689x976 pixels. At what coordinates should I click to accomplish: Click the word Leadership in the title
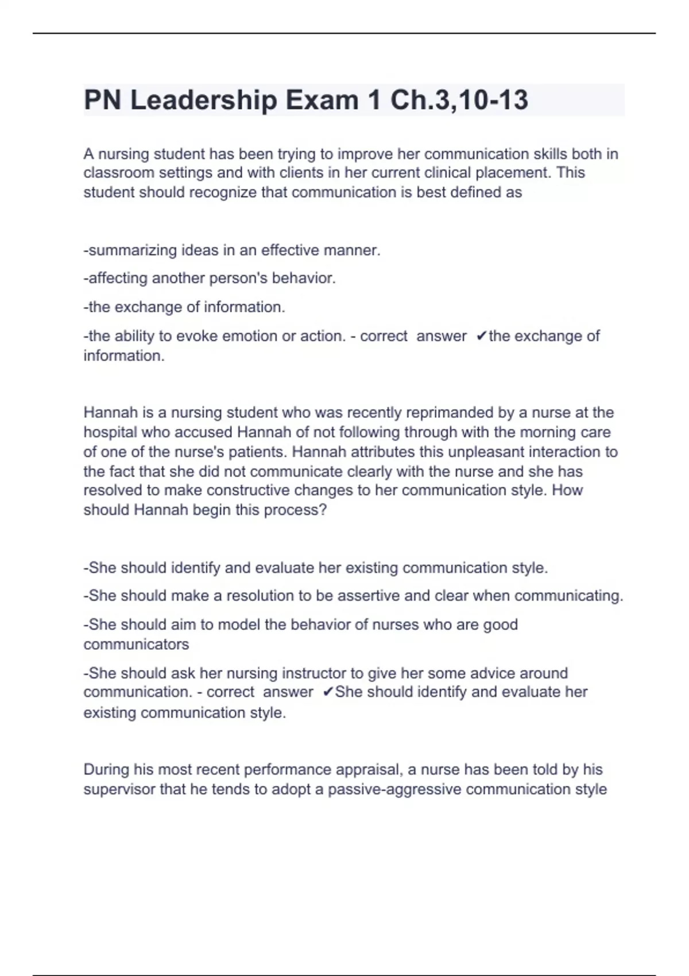[x=203, y=100]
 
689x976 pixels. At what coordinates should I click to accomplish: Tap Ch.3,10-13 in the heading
[x=459, y=100]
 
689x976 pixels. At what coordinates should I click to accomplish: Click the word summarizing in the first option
[x=133, y=251]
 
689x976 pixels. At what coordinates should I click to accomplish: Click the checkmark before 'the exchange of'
[x=482, y=336]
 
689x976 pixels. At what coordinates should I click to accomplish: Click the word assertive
[x=367, y=596]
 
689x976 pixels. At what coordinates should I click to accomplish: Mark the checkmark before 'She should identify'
[x=328, y=692]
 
